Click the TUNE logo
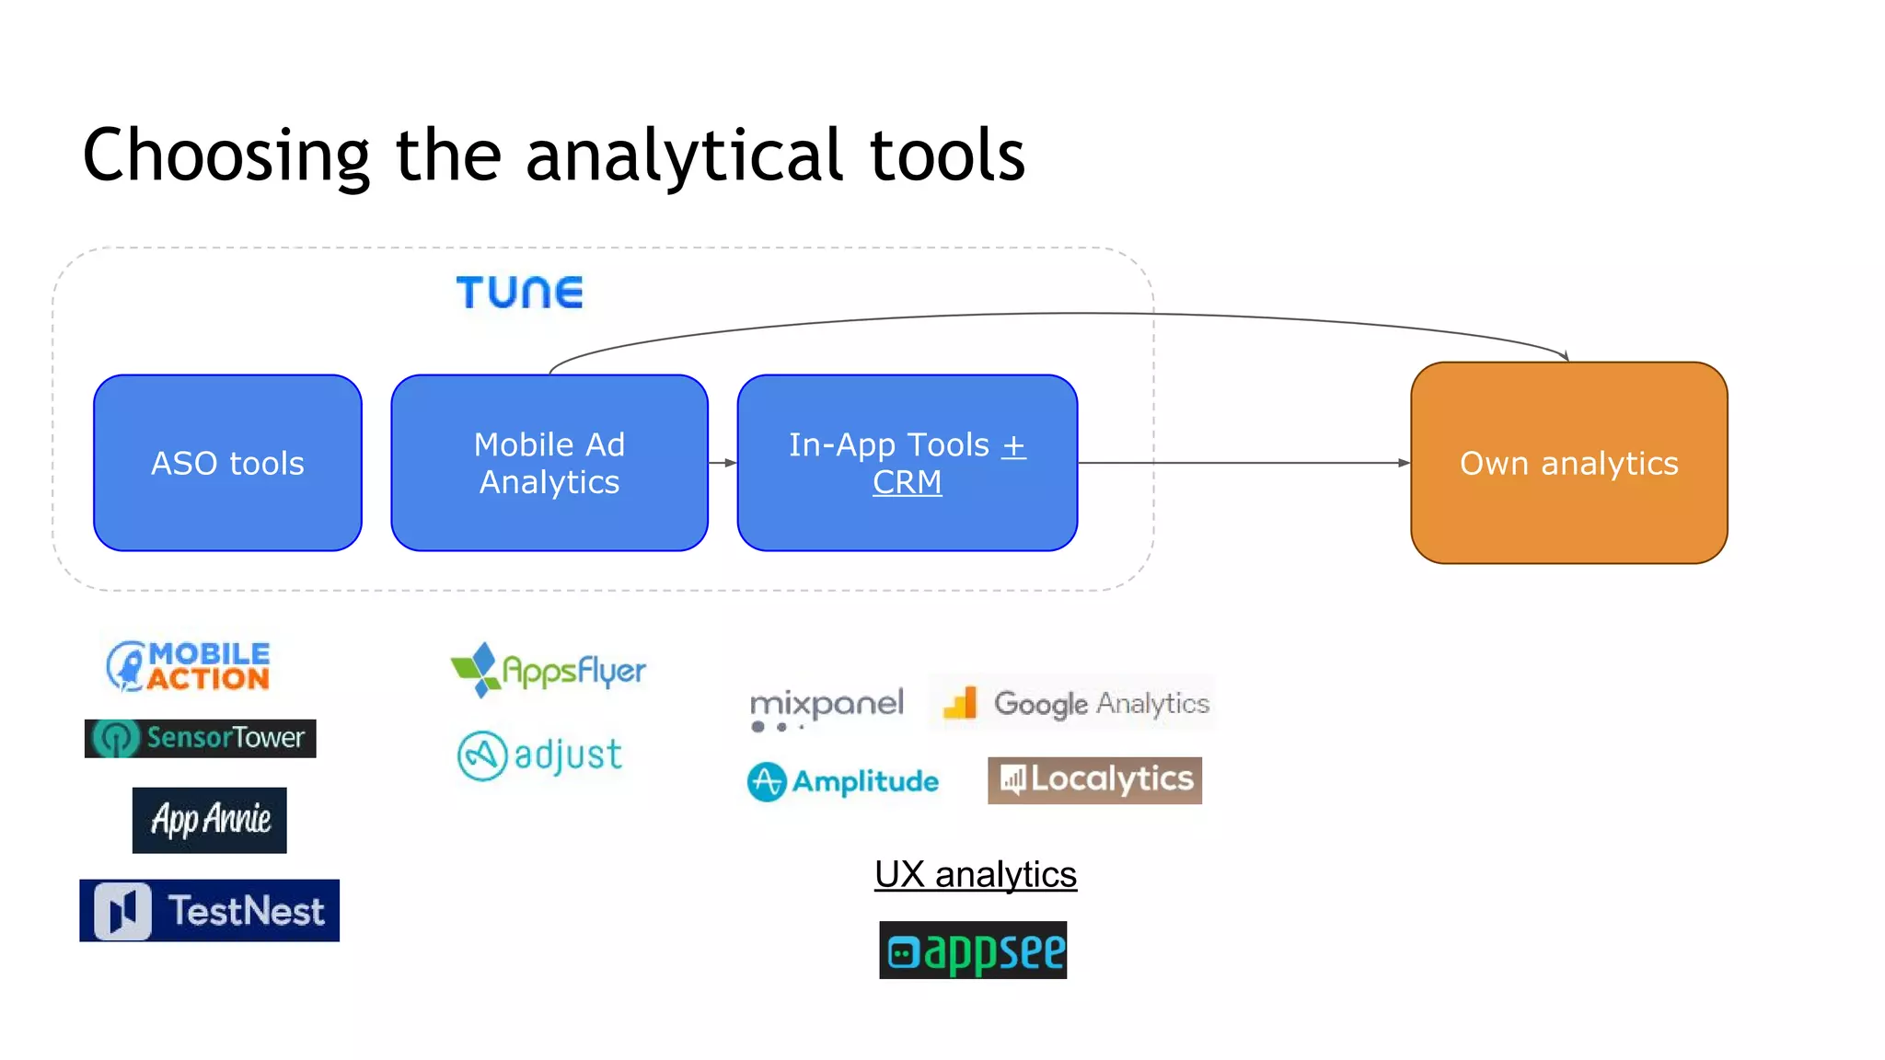(520, 293)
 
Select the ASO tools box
(227, 463)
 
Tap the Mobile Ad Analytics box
(549, 463)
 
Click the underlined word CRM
(907, 482)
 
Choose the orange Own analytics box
(1568, 463)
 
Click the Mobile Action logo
(189, 666)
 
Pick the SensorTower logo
(201, 738)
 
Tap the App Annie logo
(210, 820)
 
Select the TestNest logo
(210, 911)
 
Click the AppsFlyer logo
(549, 670)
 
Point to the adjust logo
(540, 755)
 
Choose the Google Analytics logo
(1073, 703)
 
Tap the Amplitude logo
(843, 782)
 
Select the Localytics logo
(1094, 780)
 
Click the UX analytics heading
(976, 874)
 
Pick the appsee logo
(973, 951)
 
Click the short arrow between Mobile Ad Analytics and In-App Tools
(723, 463)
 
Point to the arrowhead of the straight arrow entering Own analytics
(1404, 463)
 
